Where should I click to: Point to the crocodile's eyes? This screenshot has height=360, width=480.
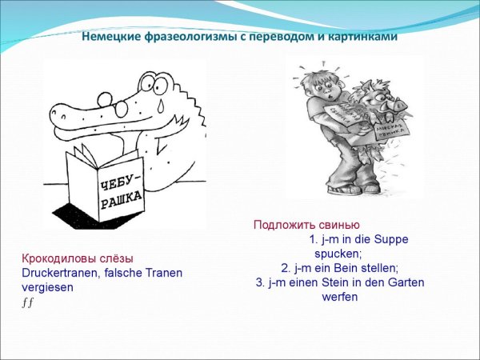click(161, 86)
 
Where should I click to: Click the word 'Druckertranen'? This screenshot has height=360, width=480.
click(58, 273)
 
